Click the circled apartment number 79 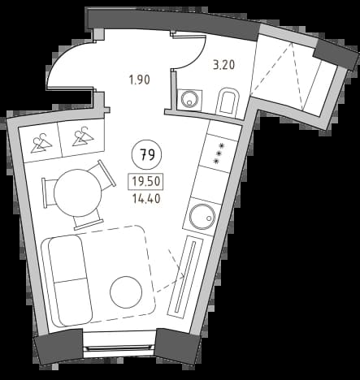(x=146, y=155)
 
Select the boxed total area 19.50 (x=145, y=181)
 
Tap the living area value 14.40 (x=146, y=199)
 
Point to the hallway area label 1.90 (x=140, y=80)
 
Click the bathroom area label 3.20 (x=223, y=65)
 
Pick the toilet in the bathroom (x=228, y=101)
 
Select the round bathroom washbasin (x=189, y=99)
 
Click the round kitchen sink (x=202, y=217)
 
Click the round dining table (x=77, y=192)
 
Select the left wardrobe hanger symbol (x=41, y=143)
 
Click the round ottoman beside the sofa (x=126, y=291)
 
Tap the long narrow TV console (x=185, y=275)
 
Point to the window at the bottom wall (x=119, y=348)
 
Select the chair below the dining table (x=89, y=221)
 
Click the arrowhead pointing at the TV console (x=182, y=275)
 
